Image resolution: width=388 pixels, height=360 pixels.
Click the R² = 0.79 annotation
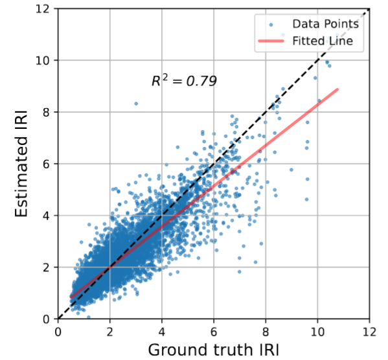184,81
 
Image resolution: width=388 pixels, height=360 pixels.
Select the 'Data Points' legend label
325,24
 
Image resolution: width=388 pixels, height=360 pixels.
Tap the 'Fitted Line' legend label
323,41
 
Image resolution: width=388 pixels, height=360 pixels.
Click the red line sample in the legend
271,41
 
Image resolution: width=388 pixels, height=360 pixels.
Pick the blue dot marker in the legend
271,25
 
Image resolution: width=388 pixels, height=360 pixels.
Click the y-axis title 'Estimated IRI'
21,164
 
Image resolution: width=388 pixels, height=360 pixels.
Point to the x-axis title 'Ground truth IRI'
214,350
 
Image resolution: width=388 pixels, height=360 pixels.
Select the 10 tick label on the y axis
43,60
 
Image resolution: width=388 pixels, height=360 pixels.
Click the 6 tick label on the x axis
214,332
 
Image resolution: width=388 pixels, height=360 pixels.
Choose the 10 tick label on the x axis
317,332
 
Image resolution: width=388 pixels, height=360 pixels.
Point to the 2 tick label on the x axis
110,332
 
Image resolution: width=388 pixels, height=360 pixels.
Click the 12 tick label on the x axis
369,332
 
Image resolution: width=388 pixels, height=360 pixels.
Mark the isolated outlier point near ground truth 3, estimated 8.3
136,104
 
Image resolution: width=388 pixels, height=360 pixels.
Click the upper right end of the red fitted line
337,89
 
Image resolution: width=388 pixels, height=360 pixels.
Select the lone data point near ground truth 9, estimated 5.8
291,170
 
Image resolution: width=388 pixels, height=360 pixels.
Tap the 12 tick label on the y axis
43,8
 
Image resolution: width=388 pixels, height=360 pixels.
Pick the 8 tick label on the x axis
266,332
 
